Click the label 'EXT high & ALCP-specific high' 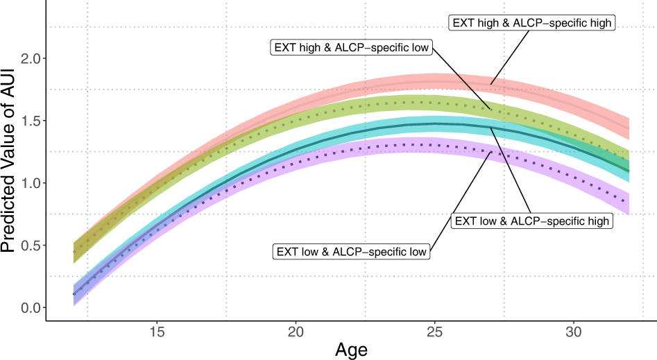532,23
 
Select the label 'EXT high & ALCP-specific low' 351,48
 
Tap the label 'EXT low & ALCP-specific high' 532,221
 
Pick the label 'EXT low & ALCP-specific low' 351,251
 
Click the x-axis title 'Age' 351,349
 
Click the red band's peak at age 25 435,82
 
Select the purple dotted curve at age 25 435,145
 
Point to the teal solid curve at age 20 296,148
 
